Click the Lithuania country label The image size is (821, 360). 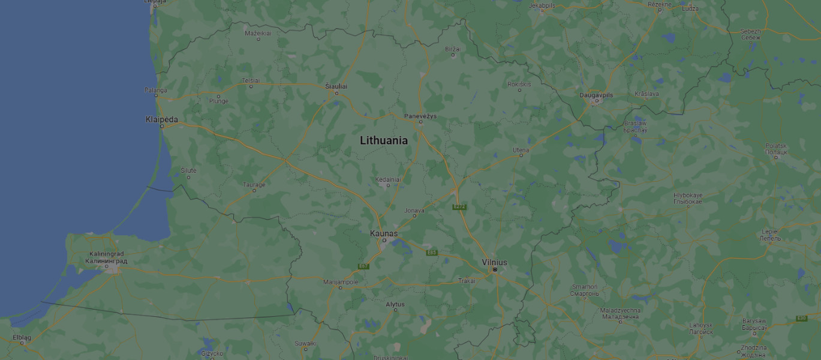click(x=384, y=140)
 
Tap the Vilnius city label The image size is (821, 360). click(x=494, y=262)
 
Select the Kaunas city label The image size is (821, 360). click(x=384, y=233)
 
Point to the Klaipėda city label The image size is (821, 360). click(x=162, y=119)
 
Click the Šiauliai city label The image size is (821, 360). click(x=336, y=86)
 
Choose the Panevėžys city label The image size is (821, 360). click(x=420, y=115)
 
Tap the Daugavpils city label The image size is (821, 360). click(x=596, y=95)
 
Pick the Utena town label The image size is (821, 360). click(x=521, y=149)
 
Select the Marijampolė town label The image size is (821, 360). click(x=341, y=281)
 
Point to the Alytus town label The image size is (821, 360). click(x=395, y=304)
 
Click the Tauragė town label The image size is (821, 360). click(x=254, y=185)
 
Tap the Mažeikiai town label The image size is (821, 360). click(x=258, y=33)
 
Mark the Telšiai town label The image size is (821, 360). click(x=251, y=80)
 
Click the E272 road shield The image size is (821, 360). click(x=459, y=207)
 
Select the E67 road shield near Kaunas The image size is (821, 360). click(x=363, y=266)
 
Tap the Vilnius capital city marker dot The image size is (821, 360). click(x=495, y=270)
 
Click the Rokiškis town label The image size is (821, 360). click(x=519, y=84)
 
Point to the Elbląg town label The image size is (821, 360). click(x=22, y=337)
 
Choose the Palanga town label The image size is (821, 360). click(x=155, y=90)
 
